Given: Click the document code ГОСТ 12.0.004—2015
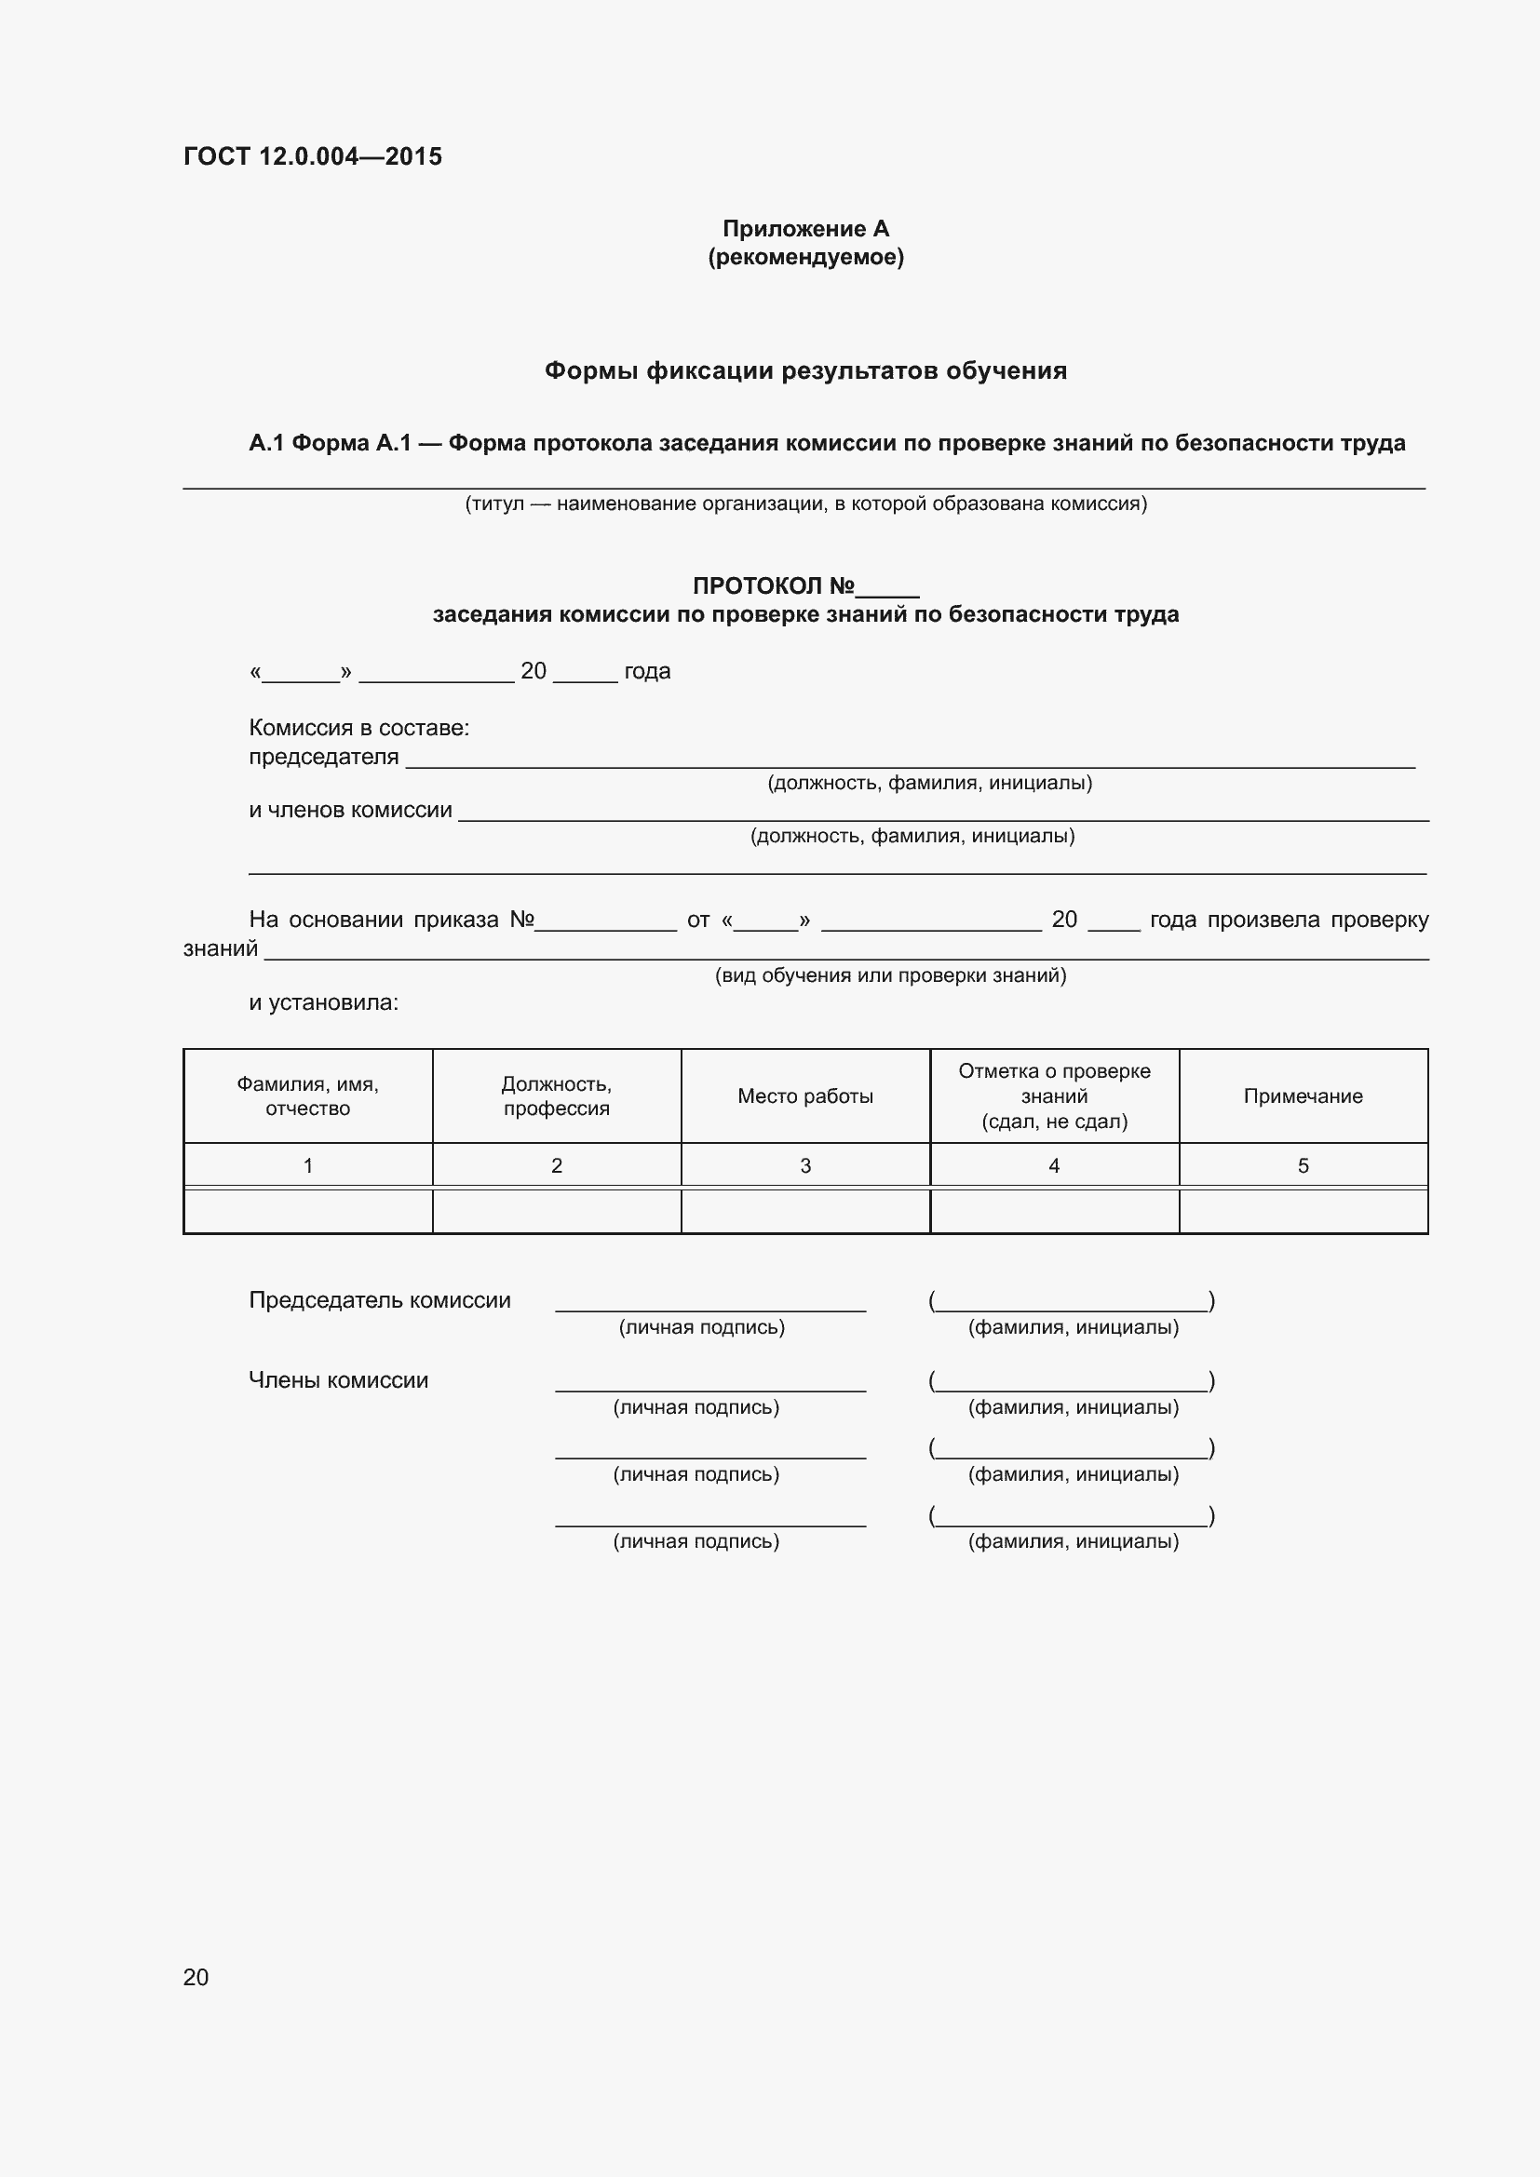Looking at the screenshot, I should pyautogui.click(x=312, y=156).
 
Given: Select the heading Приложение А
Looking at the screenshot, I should pyautogui.click(x=805, y=229).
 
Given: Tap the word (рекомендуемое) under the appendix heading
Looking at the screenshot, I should pyautogui.click(x=805, y=257).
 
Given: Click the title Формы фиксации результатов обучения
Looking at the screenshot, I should pyautogui.click(x=805, y=370).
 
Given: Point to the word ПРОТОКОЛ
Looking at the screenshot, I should pyautogui.click(x=758, y=586).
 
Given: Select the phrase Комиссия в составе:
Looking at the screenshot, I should pyautogui.click(x=358, y=727).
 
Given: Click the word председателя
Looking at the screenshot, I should pyautogui.click(x=323, y=757).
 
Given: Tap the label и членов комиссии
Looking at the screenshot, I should pyautogui.click(x=350, y=810).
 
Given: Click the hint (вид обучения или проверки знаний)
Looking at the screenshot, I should pyautogui.click(x=889, y=975).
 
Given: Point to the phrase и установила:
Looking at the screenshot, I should pyautogui.click(x=323, y=1002).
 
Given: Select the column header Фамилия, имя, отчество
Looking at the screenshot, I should pyautogui.click(x=307, y=1096).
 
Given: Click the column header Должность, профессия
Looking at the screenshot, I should pyautogui.click(x=557, y=1096).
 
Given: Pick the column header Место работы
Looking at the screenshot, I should pyautogui.click(x=805, y=1096).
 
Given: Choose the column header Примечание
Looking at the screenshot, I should pyautogui.click(x=1303, y=1096).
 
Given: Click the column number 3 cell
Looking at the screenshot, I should pyautogui.click(x=805, y=1165).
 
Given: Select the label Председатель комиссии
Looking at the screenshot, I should pyautogui.click(x=379, y=1300).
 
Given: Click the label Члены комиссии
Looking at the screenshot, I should pyautogui.click(x=338, y=1379).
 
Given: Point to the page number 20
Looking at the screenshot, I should pyautogui.click(x=196, y=1976).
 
